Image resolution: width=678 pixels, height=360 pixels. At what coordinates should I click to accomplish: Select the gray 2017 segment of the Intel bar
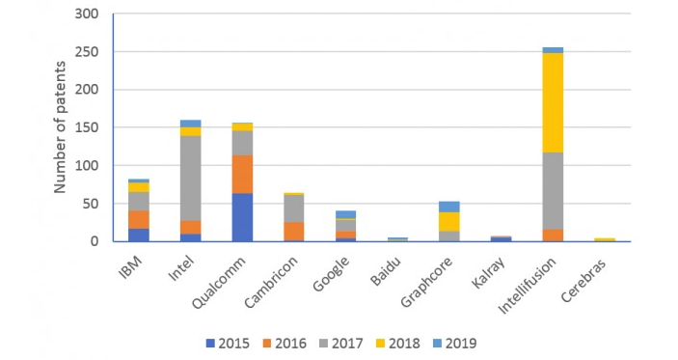pyautogui.click(x=190, y=179)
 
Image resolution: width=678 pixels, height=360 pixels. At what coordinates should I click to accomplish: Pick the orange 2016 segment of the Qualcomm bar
pyautogui.click(x=242, y=174)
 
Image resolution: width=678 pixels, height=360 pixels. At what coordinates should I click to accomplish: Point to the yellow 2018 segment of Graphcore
pyautogui.click(x=448, y=221)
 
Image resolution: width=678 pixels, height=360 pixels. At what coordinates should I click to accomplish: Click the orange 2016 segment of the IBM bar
pyautogui.click(x=139, y=219)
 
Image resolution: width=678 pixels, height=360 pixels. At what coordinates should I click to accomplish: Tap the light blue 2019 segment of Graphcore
pyautogui.click(x=448, y=207)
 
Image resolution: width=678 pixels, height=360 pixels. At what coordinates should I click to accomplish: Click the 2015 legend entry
pyautogui.click(x=230, y=342)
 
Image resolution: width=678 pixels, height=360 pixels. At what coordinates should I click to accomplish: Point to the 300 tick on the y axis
pyautogui.click(x=89, y=14)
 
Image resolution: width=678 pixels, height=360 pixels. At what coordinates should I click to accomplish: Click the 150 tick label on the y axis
pyautogui.click(x=89, y=127)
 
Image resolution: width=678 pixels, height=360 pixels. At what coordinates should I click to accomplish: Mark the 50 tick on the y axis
pyautogui.click(x=93, y=204)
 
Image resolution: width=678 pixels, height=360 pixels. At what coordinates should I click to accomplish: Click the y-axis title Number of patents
pyautogui.click(x=62, y=128)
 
